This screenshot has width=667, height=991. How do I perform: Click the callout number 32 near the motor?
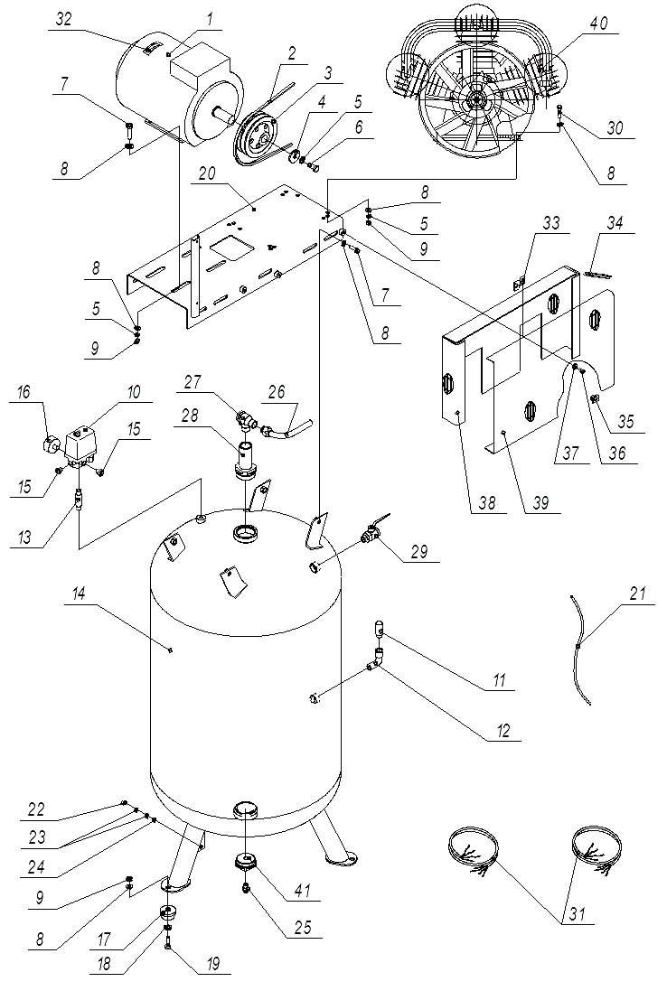tap(63, 20)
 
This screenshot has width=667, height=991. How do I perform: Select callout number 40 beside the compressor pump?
tap(598, 23)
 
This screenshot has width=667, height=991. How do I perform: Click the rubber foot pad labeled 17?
tap(169, 914)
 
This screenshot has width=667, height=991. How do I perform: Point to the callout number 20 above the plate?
tap(208, 175)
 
